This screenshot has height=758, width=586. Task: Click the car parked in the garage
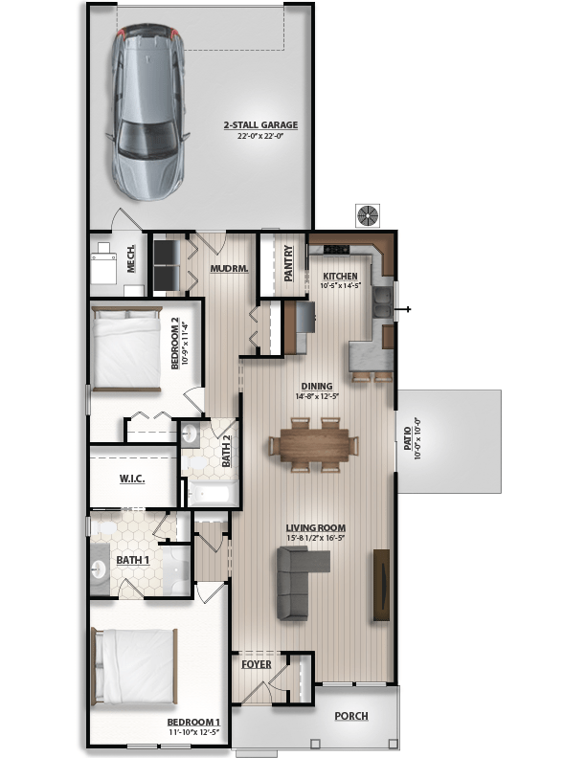coord(147,112)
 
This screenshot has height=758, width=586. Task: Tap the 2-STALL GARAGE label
coord(260,124)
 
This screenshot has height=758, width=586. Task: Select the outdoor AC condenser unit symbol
coord(368,215)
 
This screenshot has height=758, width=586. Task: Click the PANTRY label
coord(288,263)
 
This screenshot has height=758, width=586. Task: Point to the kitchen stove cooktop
coord(336,249)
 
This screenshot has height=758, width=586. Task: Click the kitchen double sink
coord(382,302)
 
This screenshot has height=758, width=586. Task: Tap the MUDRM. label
coord(229,268)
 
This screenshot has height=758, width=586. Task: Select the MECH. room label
coord(130,258)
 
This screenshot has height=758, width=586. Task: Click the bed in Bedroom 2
coord(126,348)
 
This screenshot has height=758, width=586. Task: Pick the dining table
coord(314,445)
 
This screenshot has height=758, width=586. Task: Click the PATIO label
coord(408,438)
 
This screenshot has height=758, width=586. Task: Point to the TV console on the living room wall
coord(381,585)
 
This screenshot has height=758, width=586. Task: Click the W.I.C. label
coord(132,479)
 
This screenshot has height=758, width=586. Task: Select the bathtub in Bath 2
coord(213,494)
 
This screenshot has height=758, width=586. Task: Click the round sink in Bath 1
coord(99,569)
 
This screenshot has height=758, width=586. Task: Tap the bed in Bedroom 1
coord(134,666)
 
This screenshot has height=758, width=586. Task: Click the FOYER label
coord(257,665)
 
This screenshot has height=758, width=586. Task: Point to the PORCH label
coord(351,716)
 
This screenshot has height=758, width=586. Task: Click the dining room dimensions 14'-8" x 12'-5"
coord(317,396)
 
